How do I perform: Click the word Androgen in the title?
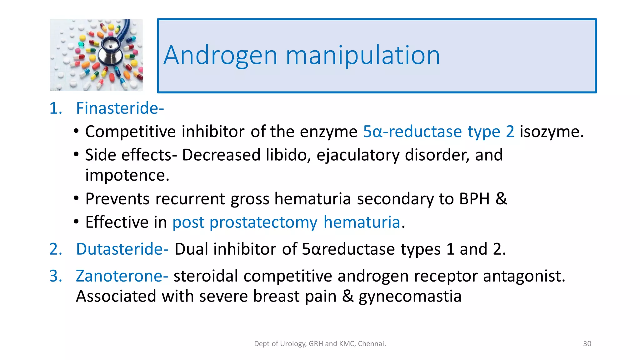[220, 56]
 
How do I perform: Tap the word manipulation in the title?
[362, 56]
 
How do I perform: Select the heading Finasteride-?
[120, 108]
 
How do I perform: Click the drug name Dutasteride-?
[122, 249]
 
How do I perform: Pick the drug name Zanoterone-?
[122, 276]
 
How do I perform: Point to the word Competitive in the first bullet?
[130, 132]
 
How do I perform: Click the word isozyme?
[551, 132]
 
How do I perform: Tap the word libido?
[288, 155]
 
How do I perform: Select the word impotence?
[127, 175]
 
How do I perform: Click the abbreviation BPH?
[474, 199]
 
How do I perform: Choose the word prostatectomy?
[263, 222]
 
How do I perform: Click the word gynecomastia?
[410, 296]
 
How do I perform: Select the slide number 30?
[587, 344]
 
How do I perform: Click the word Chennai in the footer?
[372, 344]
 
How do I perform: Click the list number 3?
[55, 276]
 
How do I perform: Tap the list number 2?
[55, 249]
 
